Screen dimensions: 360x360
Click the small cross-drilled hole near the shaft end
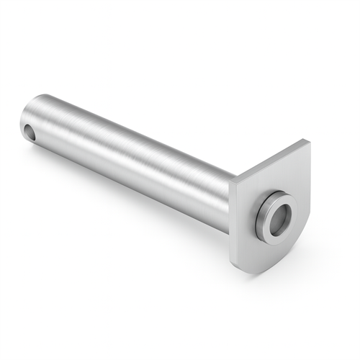click(29, 132)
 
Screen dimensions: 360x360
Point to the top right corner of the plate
click(307, 140)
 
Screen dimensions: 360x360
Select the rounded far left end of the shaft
click(23, 119)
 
